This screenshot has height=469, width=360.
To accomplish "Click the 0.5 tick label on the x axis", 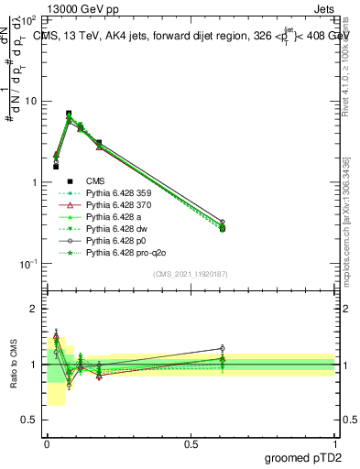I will pos(191,442).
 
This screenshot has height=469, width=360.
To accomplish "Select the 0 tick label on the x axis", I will pos(47,442).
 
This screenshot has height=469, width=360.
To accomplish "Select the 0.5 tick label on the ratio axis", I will pos(31,420).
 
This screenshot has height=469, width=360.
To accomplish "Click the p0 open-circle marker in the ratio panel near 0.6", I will pos(222,348).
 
